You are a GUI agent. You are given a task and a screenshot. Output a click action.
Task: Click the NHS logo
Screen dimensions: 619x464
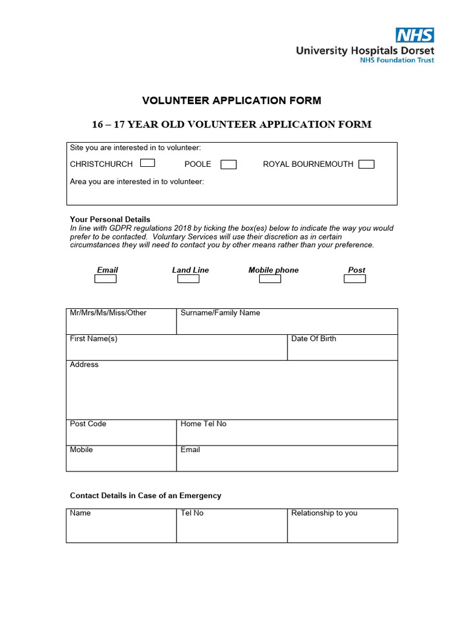(x=414, y=35)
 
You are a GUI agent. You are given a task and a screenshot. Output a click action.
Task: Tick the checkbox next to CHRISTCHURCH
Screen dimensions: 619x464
(x=147, y=163)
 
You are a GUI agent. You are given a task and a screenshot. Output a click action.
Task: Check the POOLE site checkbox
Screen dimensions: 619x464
(x=228, y=164)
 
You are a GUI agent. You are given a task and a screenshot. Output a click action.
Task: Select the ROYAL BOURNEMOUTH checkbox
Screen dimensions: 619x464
(x=366, y=164)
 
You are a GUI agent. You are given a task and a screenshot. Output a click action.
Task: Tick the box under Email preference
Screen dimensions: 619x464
(x=105, y=279)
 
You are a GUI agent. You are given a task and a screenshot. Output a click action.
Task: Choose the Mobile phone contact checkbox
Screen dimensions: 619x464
(x=270, y=279)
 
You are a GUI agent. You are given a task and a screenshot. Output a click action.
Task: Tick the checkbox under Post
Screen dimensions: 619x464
(x=355, y=279)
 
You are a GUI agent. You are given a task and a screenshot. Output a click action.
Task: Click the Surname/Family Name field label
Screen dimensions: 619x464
(x=221, y=313)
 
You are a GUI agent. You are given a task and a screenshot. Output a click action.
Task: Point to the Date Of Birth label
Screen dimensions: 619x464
(x=314, y=339)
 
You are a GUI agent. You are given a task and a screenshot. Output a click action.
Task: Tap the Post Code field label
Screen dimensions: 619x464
(x=88, y=424)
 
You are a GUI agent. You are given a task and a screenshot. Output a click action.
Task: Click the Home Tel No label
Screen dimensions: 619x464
(x=204, y=424)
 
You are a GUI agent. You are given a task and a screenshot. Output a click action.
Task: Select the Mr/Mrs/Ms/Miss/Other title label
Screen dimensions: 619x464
(x=108, y=313)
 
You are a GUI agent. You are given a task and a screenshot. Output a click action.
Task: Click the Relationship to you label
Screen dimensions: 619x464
(x=324, y=513)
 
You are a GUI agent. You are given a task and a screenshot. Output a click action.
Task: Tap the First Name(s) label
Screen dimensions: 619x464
(x=94, y=339)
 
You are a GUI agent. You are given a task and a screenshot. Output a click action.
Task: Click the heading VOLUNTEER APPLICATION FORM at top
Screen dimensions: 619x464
(x=231, y=100)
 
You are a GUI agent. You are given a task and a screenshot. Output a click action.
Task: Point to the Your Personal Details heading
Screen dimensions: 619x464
(x=110, y=219)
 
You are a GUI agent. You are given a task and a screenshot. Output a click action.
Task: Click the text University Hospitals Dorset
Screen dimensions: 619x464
(x=365, y=51)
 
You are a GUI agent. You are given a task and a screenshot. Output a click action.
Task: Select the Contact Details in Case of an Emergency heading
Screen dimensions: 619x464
(x=146, y=496)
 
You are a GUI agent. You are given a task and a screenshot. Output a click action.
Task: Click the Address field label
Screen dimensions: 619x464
(x=84, y=365)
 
